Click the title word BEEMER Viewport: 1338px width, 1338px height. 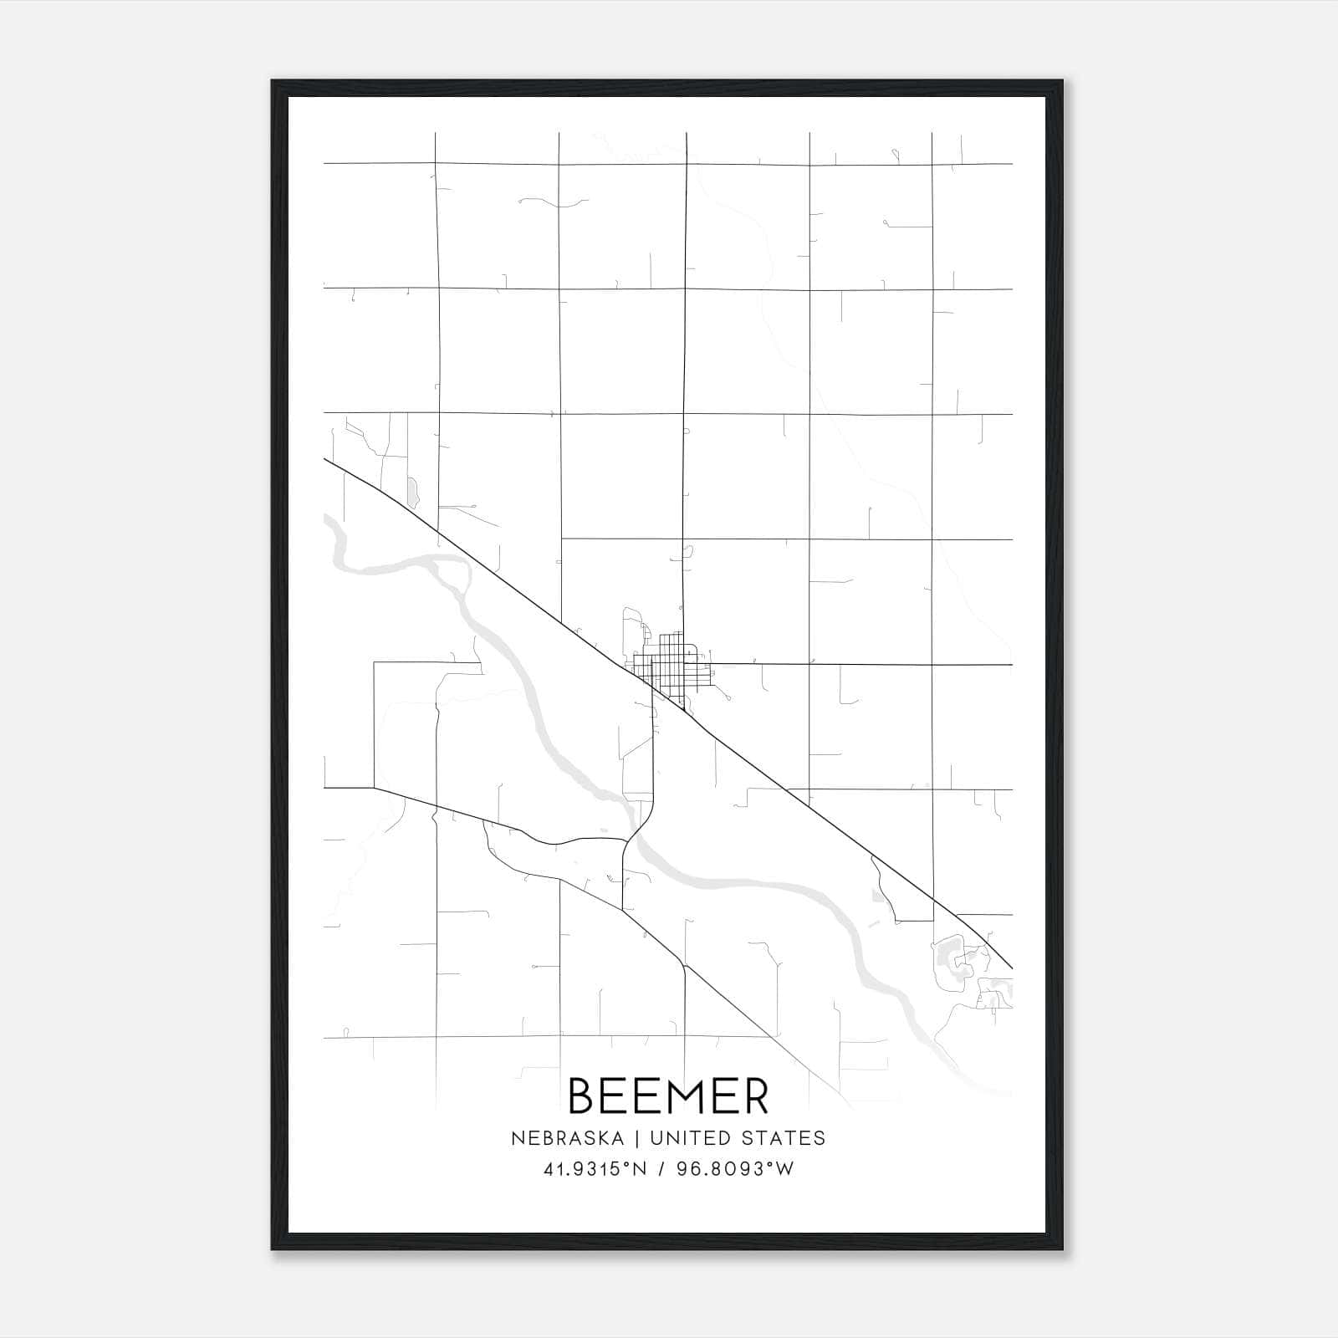pos(668,1095)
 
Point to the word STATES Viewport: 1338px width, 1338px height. pos(784,1138)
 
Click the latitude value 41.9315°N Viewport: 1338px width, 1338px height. pos(595,1169)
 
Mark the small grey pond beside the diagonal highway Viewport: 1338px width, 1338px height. pos(411,493)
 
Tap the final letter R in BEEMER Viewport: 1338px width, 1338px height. pos(754,1095)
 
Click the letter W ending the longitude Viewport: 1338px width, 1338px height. pos(785,1169)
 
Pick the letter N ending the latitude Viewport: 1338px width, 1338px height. pos(640,1169)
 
